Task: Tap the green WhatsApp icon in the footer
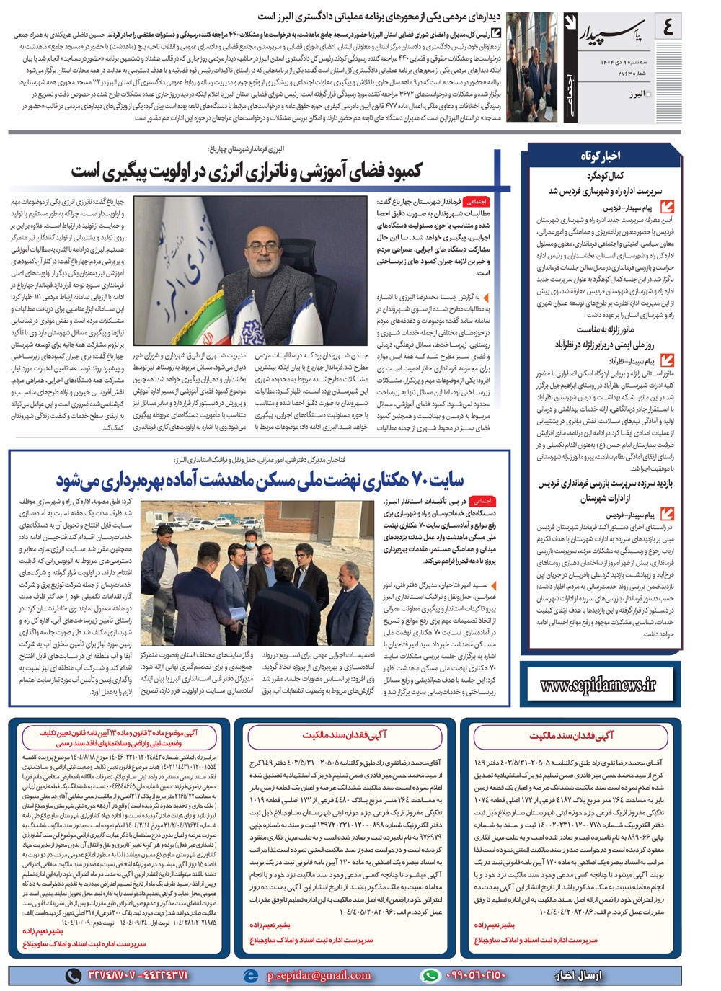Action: click(x=430, y=975)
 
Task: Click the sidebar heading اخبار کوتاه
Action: click(x=601, y=156)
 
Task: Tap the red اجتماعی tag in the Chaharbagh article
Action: click(x=477, y=203)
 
